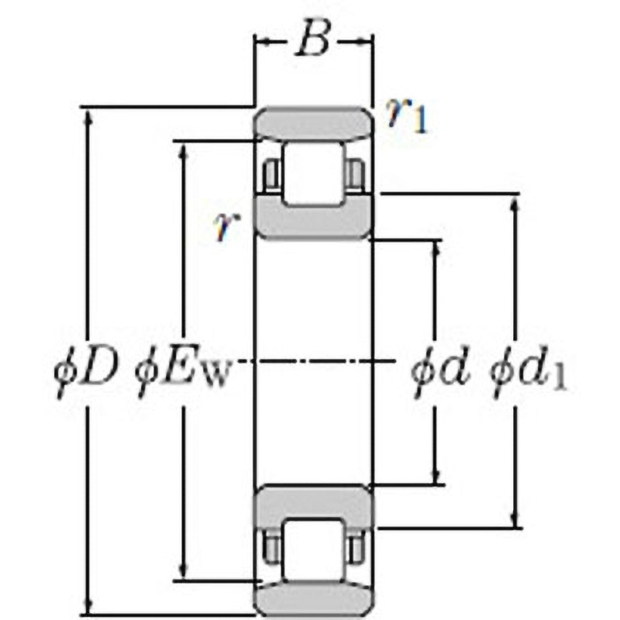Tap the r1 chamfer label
click(408, 117)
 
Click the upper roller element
click(313, 174)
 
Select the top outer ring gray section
click(314, 124)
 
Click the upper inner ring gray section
click(314, 220)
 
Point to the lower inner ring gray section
click(314, 504)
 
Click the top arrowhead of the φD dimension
click(87, 116)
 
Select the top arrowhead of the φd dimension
click(436, 250)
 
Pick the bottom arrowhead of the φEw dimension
click(184, 570)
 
